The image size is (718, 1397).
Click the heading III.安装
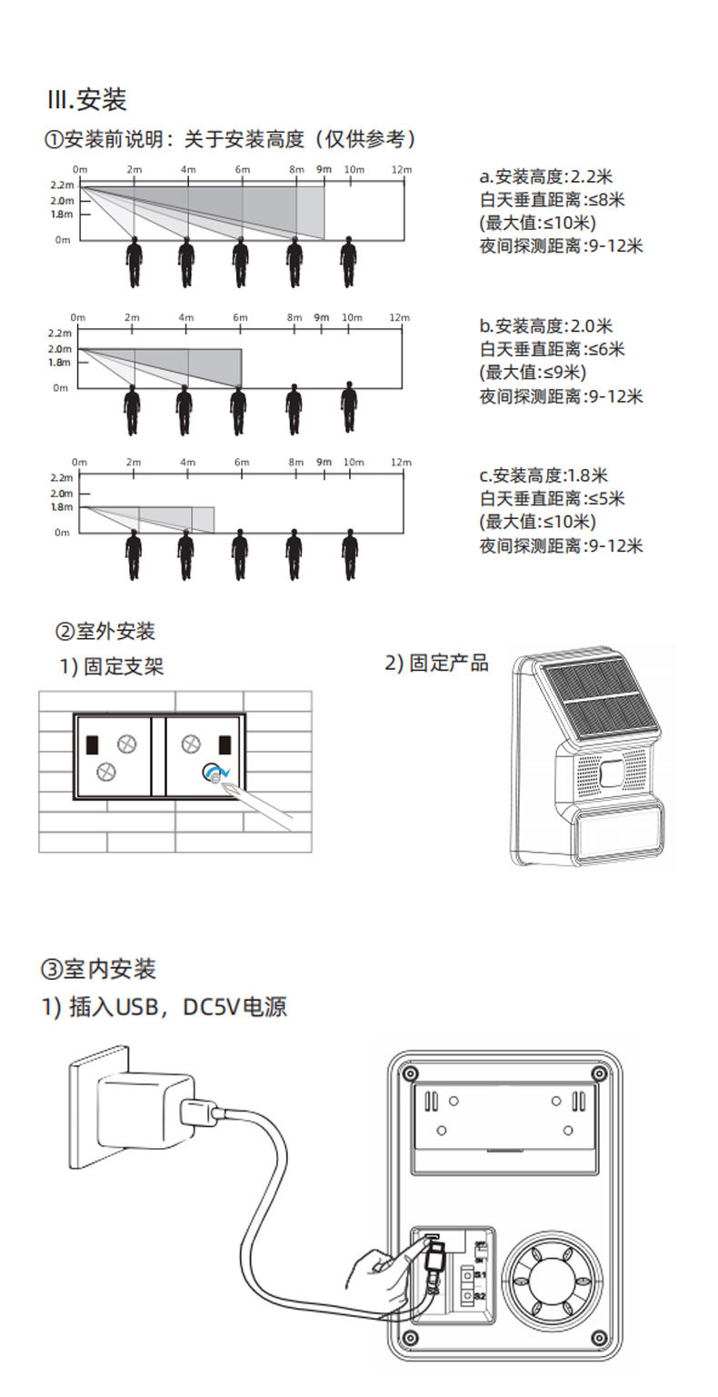87,99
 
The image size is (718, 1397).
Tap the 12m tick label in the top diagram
401,170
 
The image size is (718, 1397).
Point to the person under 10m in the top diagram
348,262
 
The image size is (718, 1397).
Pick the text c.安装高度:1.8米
543,474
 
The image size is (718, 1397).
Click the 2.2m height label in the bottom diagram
61,477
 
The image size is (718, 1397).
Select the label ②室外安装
105,631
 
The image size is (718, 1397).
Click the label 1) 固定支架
112,666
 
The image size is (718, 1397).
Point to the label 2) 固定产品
436,663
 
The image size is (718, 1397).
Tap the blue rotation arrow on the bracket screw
215,773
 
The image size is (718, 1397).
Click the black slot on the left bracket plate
92,743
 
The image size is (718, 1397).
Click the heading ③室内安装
99,968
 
